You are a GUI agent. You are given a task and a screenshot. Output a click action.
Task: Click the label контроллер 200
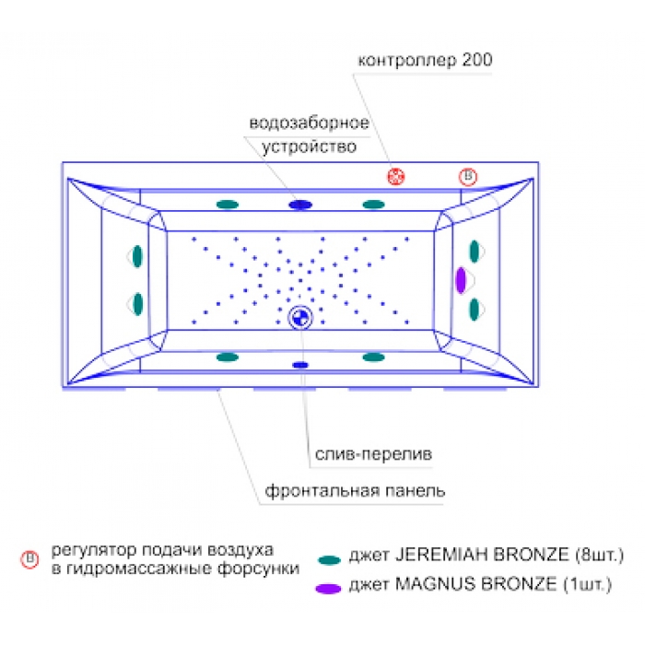[x=425, y=60]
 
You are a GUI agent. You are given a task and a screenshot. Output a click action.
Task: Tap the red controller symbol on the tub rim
[x=395, y=177]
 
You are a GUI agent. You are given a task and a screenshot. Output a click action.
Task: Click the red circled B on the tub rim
[x=468, y=177]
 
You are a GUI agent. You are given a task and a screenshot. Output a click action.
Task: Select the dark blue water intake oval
[x=300, y=205]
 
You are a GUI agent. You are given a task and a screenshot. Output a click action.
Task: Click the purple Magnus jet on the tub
[x=461, y=280]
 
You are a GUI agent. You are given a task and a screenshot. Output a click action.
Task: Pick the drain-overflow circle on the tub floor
[x=300, y=318]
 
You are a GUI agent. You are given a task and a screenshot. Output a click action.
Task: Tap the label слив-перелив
[x=373, y=454]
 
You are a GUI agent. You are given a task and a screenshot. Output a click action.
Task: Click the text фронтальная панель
[x=355, y=491]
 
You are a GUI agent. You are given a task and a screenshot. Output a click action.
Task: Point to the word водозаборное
[x=309, y=123]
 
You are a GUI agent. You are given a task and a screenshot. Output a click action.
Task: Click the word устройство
[x=309, y=147]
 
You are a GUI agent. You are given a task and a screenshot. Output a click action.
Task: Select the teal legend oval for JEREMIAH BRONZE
[x=329, y=560]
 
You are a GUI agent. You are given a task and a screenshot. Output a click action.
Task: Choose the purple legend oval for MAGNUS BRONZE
[x=328, y=589]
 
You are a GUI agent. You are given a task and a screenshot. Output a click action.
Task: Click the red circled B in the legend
[x=29, y=559]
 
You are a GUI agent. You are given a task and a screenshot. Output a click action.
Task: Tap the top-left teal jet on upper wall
[x=228, y=205]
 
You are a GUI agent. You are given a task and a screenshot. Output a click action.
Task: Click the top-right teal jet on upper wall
[x=373, y=205]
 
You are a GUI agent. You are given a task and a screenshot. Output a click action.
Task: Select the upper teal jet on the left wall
[x=137, y=256]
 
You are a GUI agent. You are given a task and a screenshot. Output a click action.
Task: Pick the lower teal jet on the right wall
[x=475, y=310]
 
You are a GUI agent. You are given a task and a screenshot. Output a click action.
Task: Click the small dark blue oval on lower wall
[x=300, y=365]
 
